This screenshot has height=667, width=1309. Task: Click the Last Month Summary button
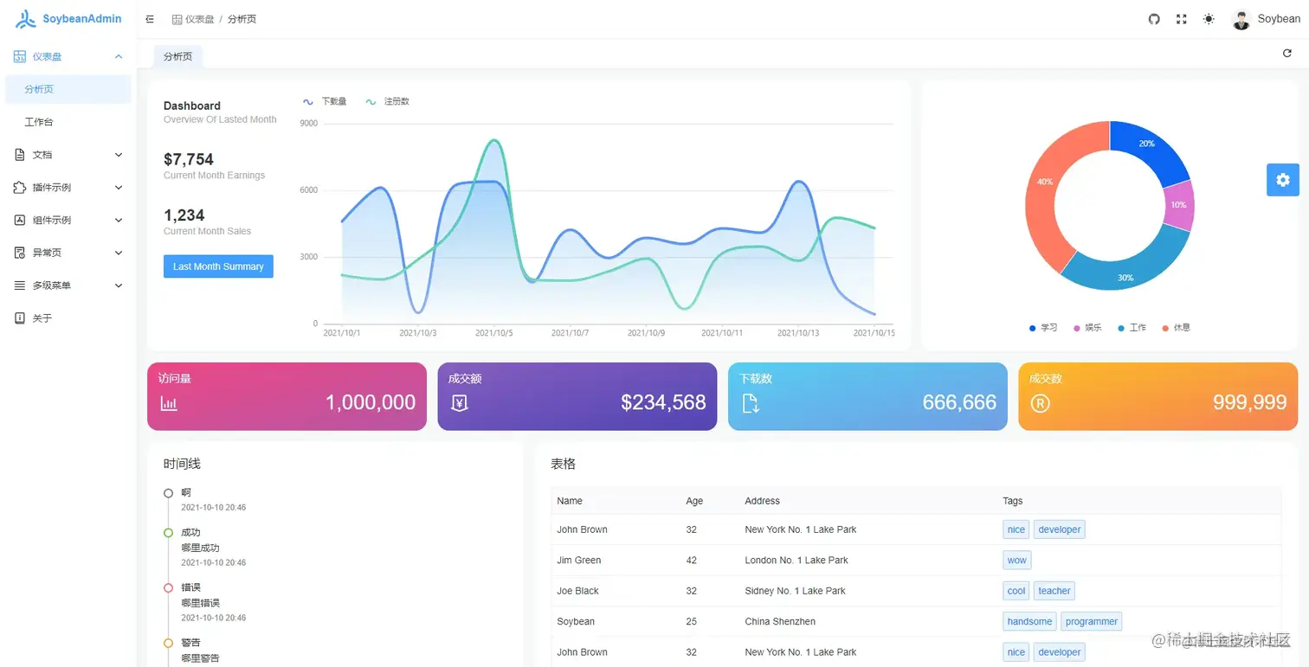[218, 266]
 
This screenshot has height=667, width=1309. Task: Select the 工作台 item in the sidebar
[39, 122]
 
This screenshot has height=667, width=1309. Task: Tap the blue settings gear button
[1282, 180]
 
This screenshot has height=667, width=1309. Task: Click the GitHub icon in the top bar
[1154, 19]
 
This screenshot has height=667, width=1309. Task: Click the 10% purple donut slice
[1180, 205]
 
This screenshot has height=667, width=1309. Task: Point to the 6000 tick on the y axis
[308, 190]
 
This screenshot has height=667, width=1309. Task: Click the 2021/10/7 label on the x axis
[570, 333]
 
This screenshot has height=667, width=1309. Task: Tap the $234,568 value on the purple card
[663, 402]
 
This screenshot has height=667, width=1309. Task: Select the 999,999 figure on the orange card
[1249, 402]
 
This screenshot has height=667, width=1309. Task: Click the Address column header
[762, 501]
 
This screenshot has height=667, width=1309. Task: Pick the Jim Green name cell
[578, 561]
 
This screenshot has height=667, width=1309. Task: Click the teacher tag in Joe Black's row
[1054, 591]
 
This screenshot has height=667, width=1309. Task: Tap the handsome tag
[1029, 621]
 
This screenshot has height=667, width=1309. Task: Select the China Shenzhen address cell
[779, 621]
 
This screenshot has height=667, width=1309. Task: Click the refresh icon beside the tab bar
[1286, 54]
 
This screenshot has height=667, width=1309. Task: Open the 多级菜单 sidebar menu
[52, 285]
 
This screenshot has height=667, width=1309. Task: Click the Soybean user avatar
[1241, 19]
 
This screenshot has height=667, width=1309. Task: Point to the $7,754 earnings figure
[189, 159]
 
